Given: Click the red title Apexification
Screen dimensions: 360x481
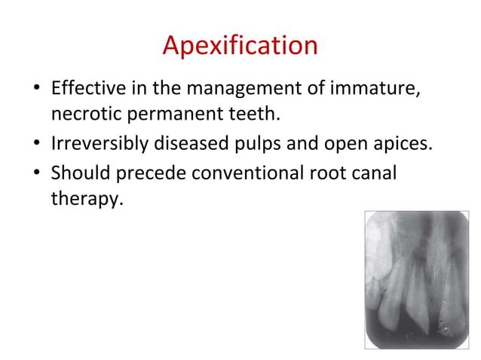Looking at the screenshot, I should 240,46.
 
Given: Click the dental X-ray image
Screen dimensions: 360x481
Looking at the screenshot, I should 416,279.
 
